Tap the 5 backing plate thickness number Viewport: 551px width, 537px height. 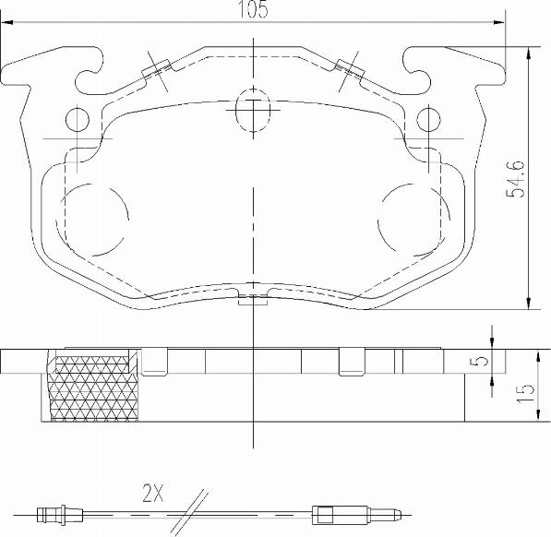pyautogui.click(x=477, y=362)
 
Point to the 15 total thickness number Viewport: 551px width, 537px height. pyautogui.click(x=524, y=391)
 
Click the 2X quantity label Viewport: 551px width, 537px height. pyautogui.click(x=152, y=494)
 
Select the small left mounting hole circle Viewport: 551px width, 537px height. pyautogui.click(x=76, y=119)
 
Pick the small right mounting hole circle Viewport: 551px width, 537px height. pyautogui.click(x=427, y=119)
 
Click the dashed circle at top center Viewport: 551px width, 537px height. pyautogui.click(x=252, y=110)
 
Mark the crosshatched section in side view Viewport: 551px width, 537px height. pyautogui.click(x=92, y=388)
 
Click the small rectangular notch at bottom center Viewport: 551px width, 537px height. pyautogui.click(x=252, y=297)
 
